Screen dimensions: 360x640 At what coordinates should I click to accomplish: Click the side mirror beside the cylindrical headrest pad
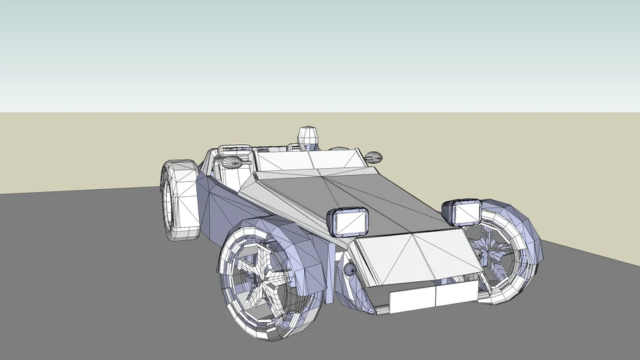tap(232, 163)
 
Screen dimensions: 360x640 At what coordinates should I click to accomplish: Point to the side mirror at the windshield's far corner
tap(372, 156)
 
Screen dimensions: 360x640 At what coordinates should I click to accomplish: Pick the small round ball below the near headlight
tap(350, 269)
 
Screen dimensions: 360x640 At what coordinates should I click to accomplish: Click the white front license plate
tap(431, 297)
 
